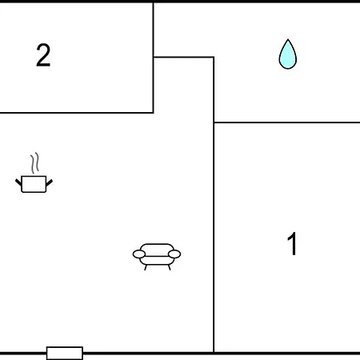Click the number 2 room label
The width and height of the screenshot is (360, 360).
(x=43, y=55)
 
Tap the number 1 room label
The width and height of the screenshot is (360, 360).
(x=293, y=243)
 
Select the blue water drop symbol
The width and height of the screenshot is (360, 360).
(x=288, y=54)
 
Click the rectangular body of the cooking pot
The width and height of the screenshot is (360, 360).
(x=34, y=184)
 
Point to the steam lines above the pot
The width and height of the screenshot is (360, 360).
(x=35, y=162)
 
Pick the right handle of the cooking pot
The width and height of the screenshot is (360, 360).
(x=50, y=182)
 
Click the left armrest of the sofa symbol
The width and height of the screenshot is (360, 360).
(x=139, y=254)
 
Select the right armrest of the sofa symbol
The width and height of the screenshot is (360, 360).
(x=174, y=254)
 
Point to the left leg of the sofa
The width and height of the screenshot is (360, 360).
(x=146, y=267)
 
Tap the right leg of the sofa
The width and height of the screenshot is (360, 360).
(x=169, y=267)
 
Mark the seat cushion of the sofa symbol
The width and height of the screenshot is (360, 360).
(x=157, y=261)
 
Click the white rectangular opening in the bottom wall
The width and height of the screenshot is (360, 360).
(x=65, y=353)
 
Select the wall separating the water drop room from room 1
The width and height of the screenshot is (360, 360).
(x=287, y=122)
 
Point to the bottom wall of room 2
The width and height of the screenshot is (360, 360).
(x=77, y=113)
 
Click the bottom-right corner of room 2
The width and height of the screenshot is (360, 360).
(x=154, y=113)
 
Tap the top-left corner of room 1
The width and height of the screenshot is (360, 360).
(x=214, y=122)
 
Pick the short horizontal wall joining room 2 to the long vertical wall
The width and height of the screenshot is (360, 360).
(x=184, y=57)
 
